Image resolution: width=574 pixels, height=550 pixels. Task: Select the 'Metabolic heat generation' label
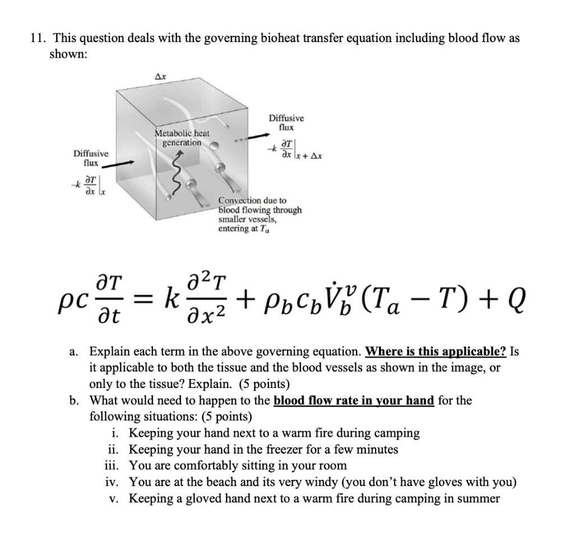tap(182, 138)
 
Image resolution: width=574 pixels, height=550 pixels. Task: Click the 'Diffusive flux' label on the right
tap(286, 123)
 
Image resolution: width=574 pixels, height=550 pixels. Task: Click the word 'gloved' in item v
tap(202, 498)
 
